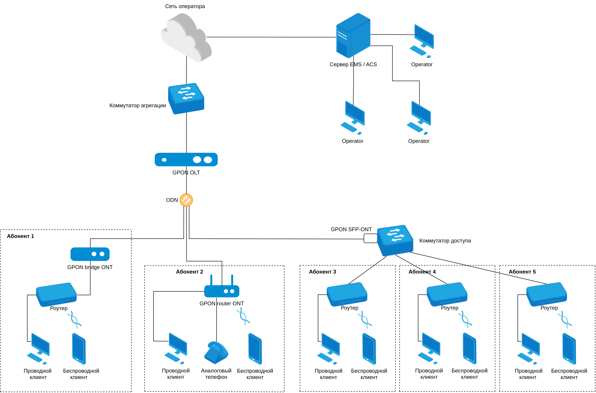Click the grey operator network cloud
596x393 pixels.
pyautogui.click(x=186, y=38)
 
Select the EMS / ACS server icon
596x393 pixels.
pyautogui.click(x=353, y=36)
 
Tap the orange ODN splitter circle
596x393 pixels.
pyautogui.click(x=186, y=200)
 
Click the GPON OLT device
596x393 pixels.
pyautogui.click(x=186, y=159)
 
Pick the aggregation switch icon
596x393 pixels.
pyautogui.click(x=186, y=98)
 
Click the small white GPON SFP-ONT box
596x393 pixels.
pyautogui.click(x=370, y=238)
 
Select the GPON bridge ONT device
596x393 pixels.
pyautogui.click(x=90, y=254)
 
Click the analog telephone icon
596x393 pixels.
pyautogui.click(x=216, y=352)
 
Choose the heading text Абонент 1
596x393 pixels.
pyautogui.click(x=20, y=236)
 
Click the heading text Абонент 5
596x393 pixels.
pyautogui.click(x=522, y=272)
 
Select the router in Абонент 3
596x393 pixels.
pyautogui.click(x=347, y=294)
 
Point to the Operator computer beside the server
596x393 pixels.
pyautogui.click(x=422, y=41)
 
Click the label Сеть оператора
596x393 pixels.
pyautogui.click(x=185, y=6)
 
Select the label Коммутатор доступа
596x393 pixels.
pyautogui.click(x=445, y=241)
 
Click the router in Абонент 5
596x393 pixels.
pyautogui.click(x=546, y=294)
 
